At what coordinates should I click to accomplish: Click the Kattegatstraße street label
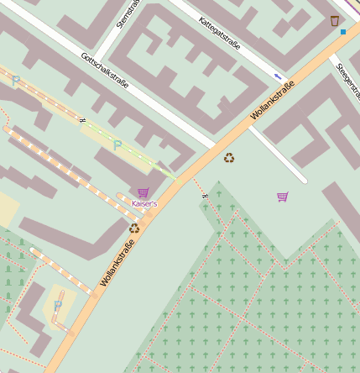click(225, 34)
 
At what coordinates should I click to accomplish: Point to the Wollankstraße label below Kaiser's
click(117, 260)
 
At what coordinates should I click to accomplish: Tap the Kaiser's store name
click(144, 204)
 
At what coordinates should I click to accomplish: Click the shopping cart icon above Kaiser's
click(143, 192)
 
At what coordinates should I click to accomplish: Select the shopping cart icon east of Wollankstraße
click(283, 197)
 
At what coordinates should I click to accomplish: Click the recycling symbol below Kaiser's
click(134, 228)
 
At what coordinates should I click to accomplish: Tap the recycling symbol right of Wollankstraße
click(229, 157)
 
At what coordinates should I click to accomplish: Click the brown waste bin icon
click(335, 20)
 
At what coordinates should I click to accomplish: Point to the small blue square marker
click(343, 32)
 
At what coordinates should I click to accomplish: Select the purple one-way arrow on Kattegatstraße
click(278, 76)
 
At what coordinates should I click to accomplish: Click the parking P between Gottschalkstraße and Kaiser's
click(117, 145)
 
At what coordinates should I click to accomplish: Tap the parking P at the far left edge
click(15, 81)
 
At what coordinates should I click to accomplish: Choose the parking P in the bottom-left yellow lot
click(58, 306)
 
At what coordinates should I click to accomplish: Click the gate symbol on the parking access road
click(82, 120)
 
